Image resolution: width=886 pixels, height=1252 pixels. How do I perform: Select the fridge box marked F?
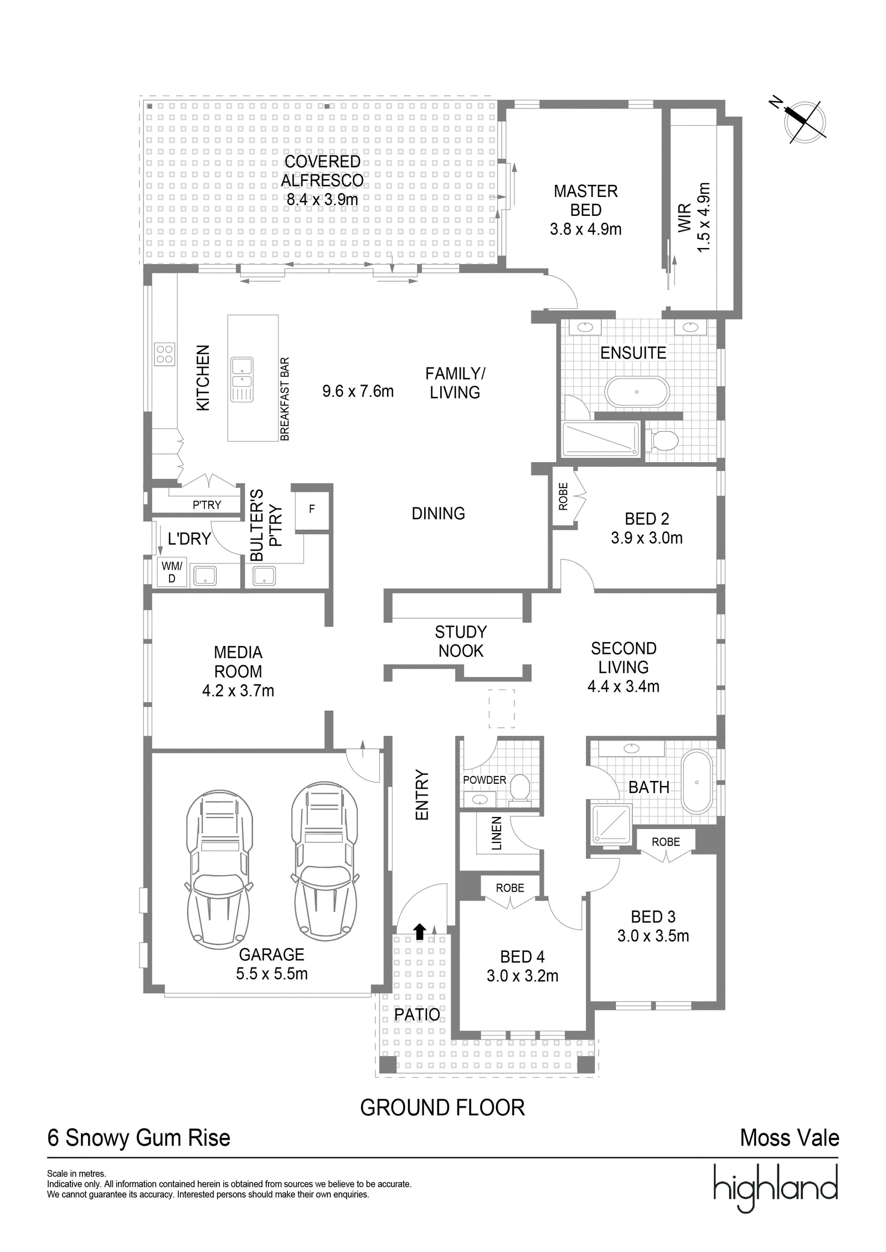point(312,509)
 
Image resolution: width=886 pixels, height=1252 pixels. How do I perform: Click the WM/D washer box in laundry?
point(172,572)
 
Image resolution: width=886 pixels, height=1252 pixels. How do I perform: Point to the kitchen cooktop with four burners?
point(164,354)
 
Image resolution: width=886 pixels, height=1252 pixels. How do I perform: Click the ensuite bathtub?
point(637,392)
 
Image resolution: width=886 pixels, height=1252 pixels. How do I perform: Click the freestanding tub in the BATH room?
point(697,782)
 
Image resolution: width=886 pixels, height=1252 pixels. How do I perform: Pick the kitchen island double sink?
point(241,380)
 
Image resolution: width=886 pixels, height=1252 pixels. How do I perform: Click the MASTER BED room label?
point(586,200)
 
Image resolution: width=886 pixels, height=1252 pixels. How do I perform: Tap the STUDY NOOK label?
point(461,641)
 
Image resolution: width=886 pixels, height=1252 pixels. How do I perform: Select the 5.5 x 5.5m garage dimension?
point(272,974)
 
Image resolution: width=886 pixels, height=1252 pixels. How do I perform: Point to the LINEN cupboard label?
point(497,833)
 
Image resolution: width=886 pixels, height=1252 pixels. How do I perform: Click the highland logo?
point(775,1187)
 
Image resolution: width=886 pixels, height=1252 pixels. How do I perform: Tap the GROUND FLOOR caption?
point(442,1108)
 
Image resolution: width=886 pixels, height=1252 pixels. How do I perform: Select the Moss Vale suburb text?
point(790,1138)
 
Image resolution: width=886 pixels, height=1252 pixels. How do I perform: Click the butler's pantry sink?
point(264,576)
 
